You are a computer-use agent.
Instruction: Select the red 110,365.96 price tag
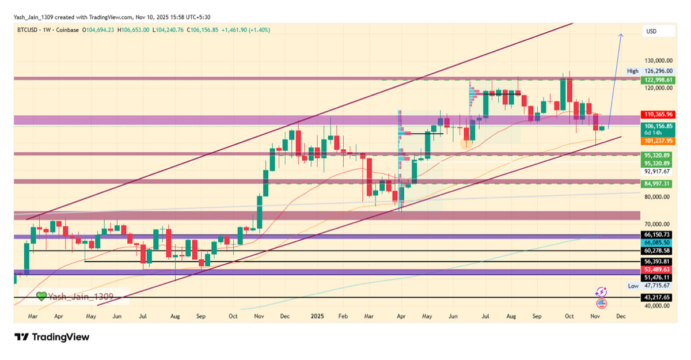click(657, 115)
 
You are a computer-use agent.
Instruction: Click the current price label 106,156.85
click(657, 126)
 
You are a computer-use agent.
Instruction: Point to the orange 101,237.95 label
click(657, 141)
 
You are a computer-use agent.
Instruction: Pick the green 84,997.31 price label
click(657, 184)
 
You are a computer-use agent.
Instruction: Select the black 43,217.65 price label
click(657, 297)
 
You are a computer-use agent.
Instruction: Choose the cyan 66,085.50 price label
click(657, 243)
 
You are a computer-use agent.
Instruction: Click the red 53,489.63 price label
click(657, 270)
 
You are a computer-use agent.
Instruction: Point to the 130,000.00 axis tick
click(658, 60)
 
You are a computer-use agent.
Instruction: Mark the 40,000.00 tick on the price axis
click(658, 306)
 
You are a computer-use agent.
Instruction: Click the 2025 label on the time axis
click(318, 316)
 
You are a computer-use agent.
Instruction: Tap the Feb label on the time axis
click(343, 316)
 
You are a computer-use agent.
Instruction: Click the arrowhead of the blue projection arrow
click(621, 36)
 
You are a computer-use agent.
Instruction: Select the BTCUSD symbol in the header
click(28, 29)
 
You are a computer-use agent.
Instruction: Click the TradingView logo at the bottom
click(52, 337)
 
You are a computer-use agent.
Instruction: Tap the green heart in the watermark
click(41, 296)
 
